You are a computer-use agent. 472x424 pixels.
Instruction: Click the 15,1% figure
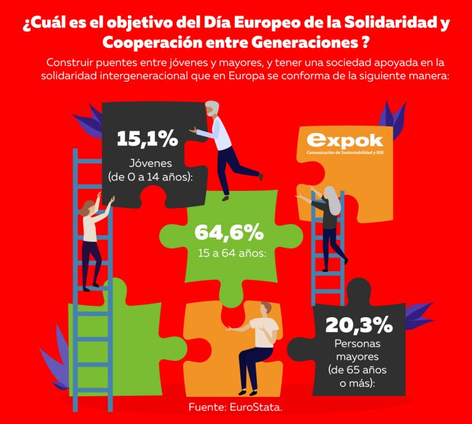click(147, 138)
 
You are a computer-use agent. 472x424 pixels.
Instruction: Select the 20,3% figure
click(358, 325)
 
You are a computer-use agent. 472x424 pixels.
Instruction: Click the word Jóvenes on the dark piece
click(151, 163)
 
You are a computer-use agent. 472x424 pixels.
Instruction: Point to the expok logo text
click(344, 141)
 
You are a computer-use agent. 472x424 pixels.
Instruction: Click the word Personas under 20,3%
click(357, 344)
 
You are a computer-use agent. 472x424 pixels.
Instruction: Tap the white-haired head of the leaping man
click(212, 109)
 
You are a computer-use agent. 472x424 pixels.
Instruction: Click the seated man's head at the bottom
click(266, 308)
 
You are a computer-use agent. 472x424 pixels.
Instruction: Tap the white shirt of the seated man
click(265, 331)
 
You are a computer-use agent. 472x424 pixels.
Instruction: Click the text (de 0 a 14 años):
click(150, 178)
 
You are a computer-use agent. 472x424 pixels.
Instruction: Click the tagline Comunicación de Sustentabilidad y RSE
click(344, 154)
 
